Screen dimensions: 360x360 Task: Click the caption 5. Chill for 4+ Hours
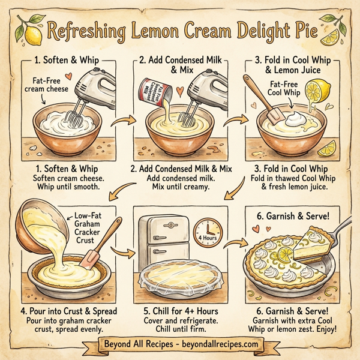point(179,310)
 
